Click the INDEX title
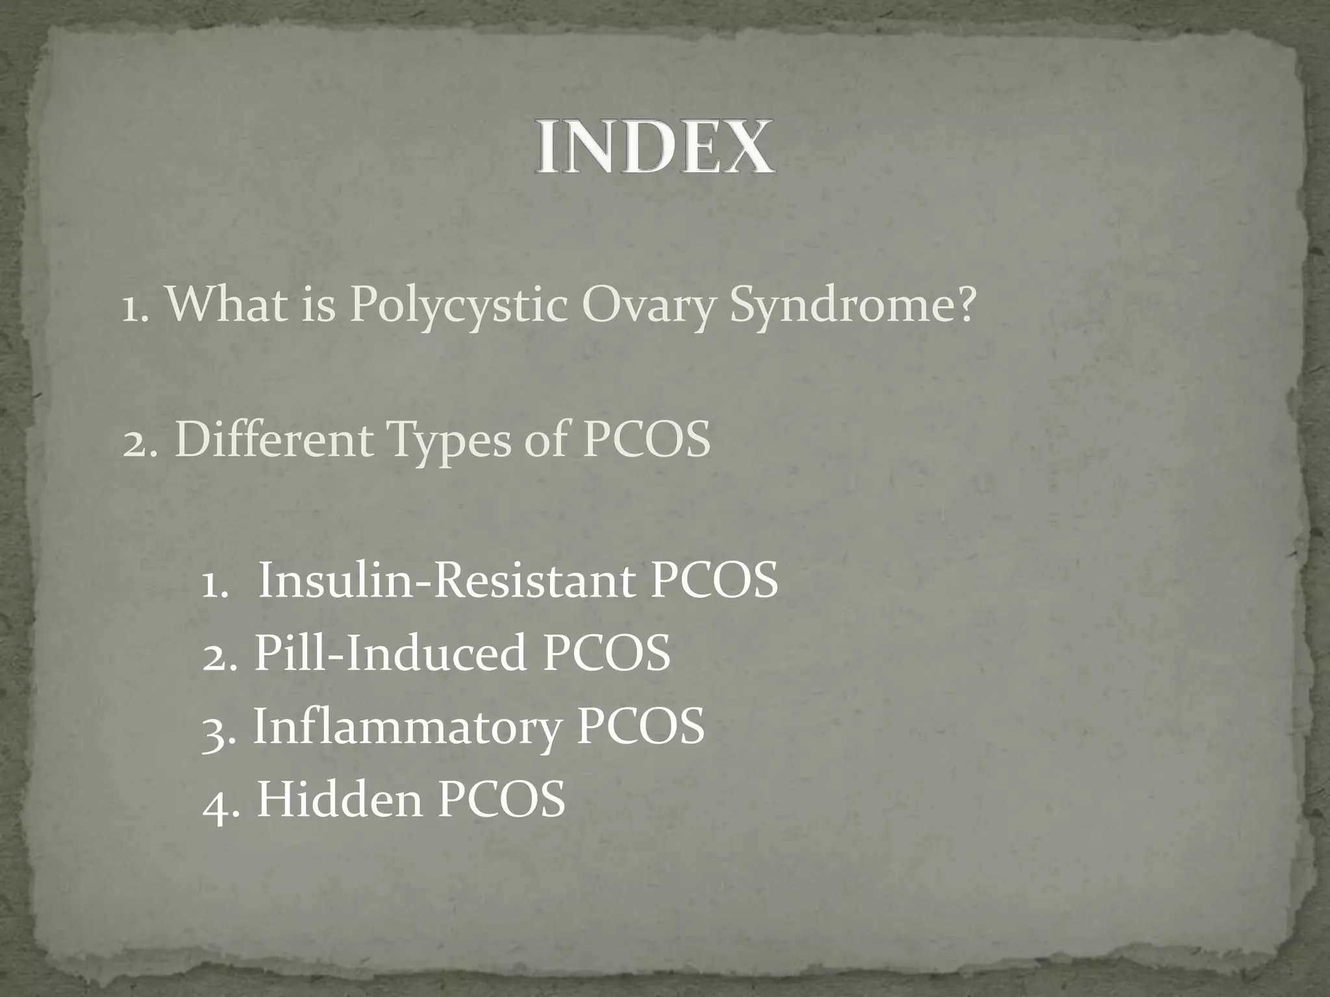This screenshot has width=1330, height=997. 655,147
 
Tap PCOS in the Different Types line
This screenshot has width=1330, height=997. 646,440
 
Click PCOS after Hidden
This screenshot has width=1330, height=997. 501,799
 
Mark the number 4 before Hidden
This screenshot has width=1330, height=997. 215,803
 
